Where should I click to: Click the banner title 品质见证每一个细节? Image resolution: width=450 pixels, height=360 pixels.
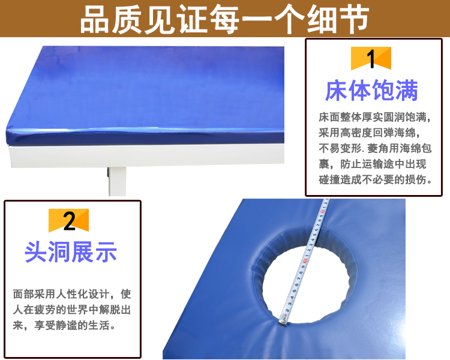[x=225, y=19]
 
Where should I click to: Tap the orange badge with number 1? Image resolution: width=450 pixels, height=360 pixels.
[x=371, y=58]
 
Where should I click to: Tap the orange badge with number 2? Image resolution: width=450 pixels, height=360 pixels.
[x=68, y=220]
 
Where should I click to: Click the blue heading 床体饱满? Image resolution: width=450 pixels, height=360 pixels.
[x=371, y=91]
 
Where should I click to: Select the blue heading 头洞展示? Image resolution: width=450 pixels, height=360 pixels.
[x=71, y=252]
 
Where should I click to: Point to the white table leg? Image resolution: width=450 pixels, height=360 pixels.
[x=117, y=181]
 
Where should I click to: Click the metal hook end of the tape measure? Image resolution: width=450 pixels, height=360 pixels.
[x=283, y=319]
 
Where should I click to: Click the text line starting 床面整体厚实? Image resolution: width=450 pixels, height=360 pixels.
[x=375, y=117]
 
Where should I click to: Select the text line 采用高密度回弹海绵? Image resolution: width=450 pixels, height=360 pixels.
[x=370, y=133]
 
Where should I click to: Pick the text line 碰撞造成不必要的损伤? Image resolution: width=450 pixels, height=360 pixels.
[x=376, y=180]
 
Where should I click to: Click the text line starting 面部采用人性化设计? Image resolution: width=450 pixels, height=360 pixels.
[x=72, y=294]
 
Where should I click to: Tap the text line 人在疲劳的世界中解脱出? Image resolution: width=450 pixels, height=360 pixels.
[x=72, y=310]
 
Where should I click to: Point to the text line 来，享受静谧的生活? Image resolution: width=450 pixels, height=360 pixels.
[x=64, y=326]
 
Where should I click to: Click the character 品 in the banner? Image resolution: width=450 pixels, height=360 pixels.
[x=94, y=20]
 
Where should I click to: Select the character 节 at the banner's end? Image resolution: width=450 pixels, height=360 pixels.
[x=355, y=20]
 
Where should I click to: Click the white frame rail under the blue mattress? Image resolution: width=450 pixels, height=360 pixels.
[x=147, y=155]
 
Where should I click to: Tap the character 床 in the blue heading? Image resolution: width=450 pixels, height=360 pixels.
[x=337, y=91]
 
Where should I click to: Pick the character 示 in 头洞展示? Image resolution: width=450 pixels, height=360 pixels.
[x=106, y=252]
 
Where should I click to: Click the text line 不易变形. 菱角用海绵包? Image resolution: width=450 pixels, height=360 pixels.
[x=375, y=148]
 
